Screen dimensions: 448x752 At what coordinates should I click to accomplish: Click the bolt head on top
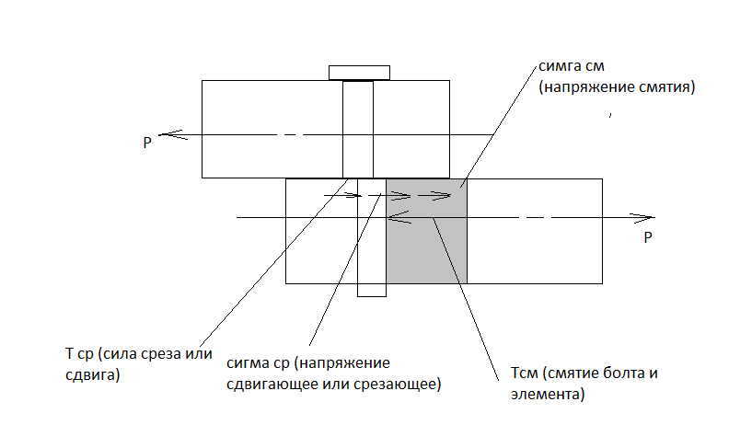(x=358, y=72)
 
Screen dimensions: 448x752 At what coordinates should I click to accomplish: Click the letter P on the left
(x=146, y=143)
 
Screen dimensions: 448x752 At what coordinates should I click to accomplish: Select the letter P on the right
(x=648, y=237)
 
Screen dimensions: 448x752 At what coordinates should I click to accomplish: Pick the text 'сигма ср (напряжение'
(x=308, y=364)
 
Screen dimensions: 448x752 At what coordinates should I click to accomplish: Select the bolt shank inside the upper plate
(x=357, y=129)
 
